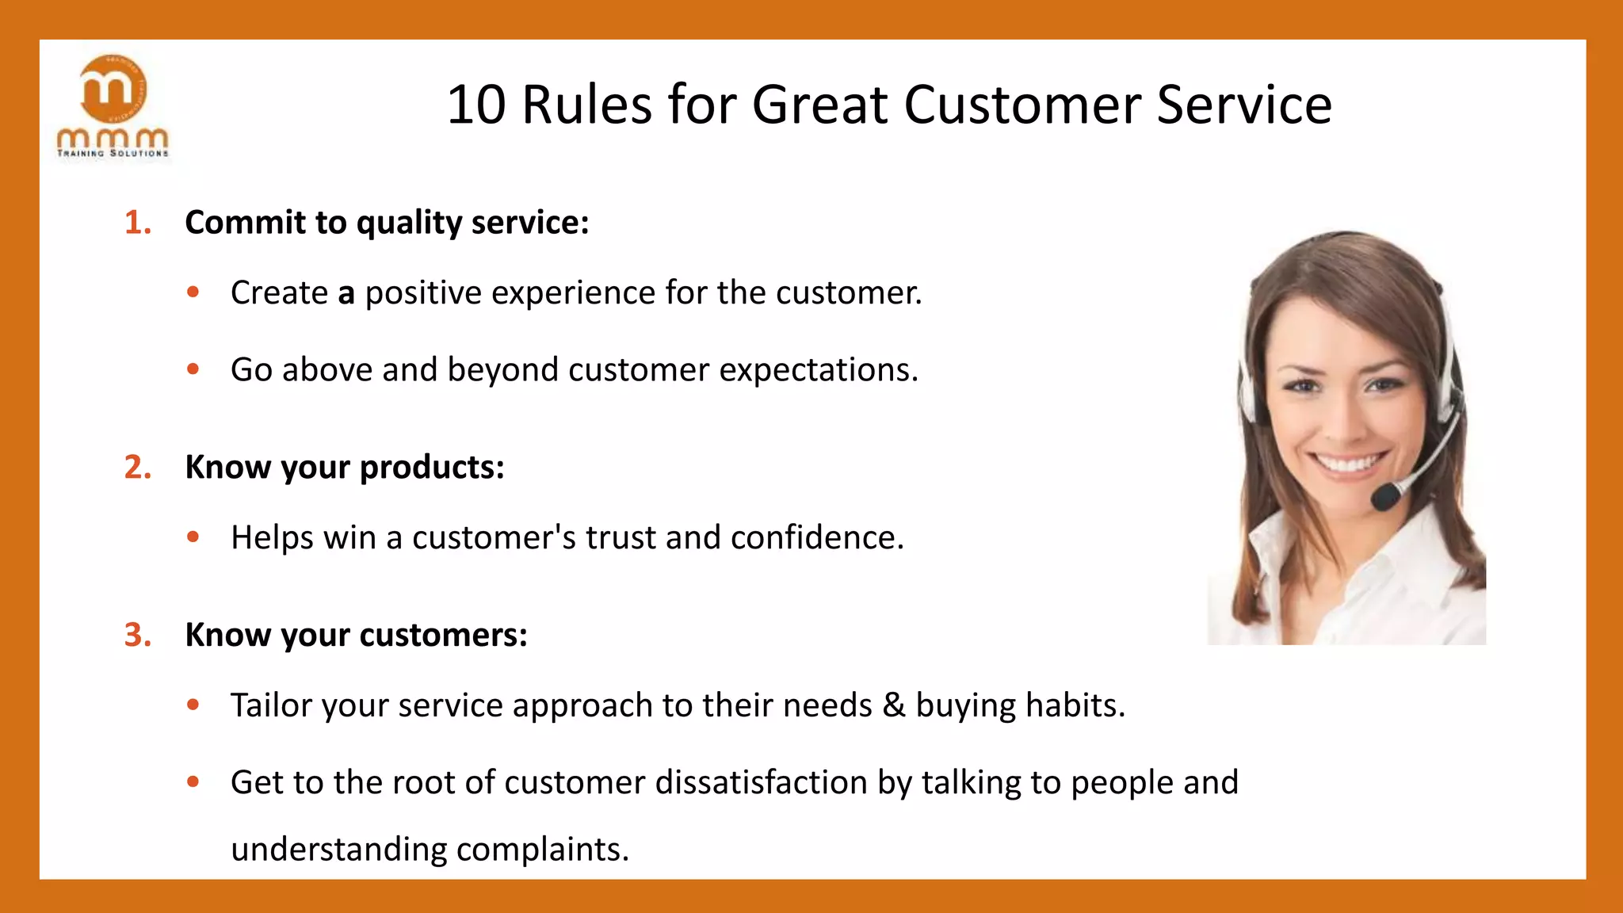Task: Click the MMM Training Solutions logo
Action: coord(113,107)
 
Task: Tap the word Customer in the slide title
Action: coord(1022,105)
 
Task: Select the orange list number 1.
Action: coord(136,223)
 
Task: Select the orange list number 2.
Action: coord(136,468)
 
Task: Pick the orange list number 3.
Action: coord(136,636)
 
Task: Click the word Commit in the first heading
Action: coord(245,223)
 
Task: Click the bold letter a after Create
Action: coord(346,293)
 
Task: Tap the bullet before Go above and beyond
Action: coord(193,369)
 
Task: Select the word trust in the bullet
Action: coord(620,537)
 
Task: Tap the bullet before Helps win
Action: coord(193,537)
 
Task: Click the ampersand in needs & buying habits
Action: coord(893,705)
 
